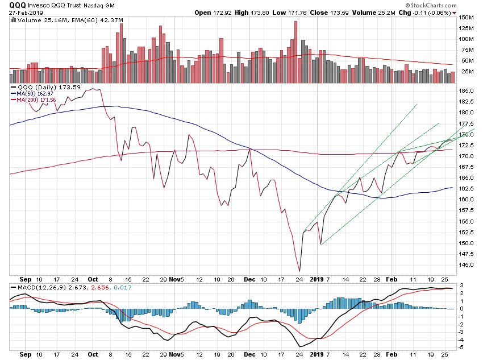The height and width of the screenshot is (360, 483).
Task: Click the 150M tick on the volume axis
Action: coord(467,18)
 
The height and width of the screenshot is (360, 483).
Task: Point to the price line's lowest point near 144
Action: coord(299,271)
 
